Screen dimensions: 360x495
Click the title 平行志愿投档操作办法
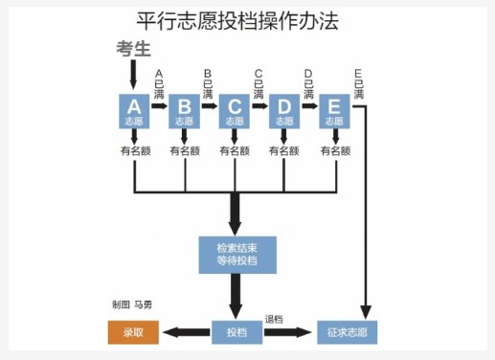(237, 20)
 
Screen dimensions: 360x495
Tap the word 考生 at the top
(135, 50)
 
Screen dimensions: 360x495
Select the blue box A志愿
(135, 111)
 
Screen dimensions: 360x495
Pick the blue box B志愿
(185, 111)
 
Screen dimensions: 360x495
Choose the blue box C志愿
(235, 111)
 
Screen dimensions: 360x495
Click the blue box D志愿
(284, 111)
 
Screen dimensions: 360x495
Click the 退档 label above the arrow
(275, 319)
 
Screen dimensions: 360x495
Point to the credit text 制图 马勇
(132, 304)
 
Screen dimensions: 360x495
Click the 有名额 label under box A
(135, 150)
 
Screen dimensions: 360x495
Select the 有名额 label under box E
(334, 150)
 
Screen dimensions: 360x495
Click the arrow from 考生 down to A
(135, 76)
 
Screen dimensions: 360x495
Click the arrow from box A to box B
(160, 108)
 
